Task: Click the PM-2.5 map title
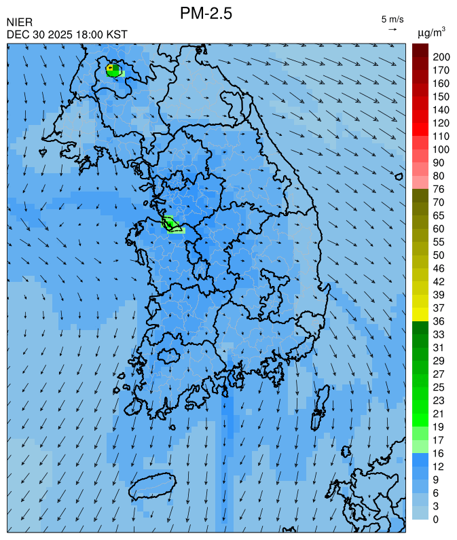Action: click(206, 13)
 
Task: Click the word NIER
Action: click(19, 23)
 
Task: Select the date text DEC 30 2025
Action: click(38, 35)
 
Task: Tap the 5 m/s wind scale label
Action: click(392, 19)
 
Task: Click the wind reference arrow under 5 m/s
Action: click(392, 29)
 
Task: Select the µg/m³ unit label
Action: click(431, 32)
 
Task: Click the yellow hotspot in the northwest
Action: click(109, 67)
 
